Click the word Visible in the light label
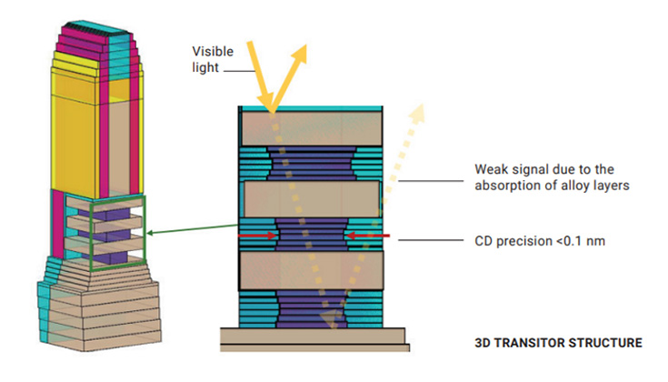(x=213, y=52)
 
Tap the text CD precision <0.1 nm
(x=540, y=241)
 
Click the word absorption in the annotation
(x=510, y=186)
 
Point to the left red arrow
(x=258, y=236)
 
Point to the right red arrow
(x=368, y=236)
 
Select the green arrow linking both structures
(x=192, y=229)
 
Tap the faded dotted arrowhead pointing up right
(x=416, y=113)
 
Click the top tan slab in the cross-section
(x=312, y=128)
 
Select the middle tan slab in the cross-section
(x=312, y=199)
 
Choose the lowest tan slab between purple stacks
(x=312, y=271)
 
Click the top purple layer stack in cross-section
(x=312, y=164)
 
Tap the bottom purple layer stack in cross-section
(x=312, y=309)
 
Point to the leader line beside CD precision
(x=431, y=240)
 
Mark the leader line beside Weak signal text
(x=431, y=181)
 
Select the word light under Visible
(x=205, y=67)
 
